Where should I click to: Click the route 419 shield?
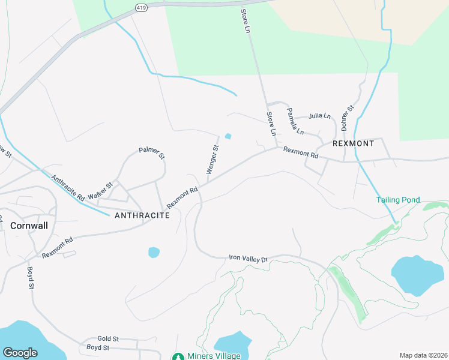click(140, 8)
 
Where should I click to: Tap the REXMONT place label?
click(354, 144)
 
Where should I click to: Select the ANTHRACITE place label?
click(142, 215)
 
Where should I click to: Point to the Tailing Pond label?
click(398, 200)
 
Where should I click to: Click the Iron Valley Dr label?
click(247, 258)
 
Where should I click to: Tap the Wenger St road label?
click(212, 160)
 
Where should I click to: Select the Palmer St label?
click(152, 153)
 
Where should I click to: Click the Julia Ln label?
click(319, 115)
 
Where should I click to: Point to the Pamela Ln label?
click(295, 121)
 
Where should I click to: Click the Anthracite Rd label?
click(67, 187)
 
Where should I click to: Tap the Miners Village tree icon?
click(178, 356)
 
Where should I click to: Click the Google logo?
click(20, 353)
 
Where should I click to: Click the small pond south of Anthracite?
click(154, 252)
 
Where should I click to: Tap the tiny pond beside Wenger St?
click(228, 136)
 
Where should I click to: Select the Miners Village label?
click(214, 356)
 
